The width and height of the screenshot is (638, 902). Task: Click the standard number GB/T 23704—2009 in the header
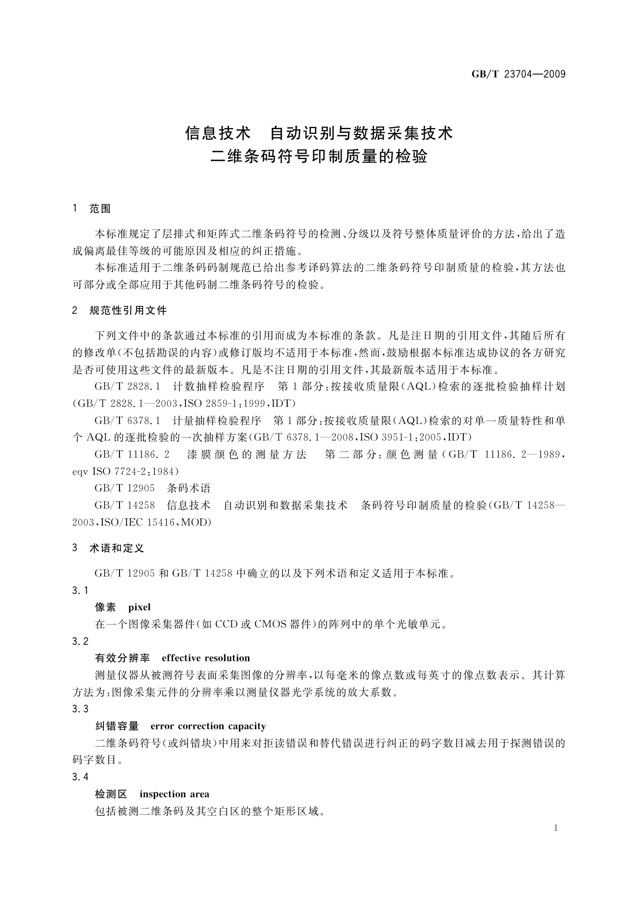pyautogui.click(x=518, y=74)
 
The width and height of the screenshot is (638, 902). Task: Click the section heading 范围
pyautogui.click(x=100, y=209)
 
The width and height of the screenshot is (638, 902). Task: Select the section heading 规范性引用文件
pyautogui.click(x=128, y=311)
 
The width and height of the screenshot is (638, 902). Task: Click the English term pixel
pyautogui.click(x=139, y=607)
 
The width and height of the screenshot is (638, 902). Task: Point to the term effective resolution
pyautogui.click(x=206, y=658)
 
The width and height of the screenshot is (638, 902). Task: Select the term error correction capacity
pyautogui.click(x=208, y=726)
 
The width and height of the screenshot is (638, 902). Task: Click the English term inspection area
pyautogui.click(x=174, y=794)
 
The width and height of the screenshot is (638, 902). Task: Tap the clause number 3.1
pyautogui.click(x=80, y=590)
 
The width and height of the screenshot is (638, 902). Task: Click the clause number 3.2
pyautogui.click(x=80, y=641)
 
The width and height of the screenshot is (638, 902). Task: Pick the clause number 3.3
pyautogui.click(x=80, y=709)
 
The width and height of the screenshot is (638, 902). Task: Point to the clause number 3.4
pyautogui.click(x=80, y=777)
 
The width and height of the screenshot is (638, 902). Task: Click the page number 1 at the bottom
pyautogui.click(x=556, y=828)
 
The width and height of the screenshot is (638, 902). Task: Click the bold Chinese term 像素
pyautogui.click(x=106, y=607)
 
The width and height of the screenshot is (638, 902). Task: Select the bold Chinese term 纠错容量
pyautogui.click(x=117, y=726)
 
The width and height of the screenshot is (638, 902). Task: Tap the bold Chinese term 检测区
pyautogui.click(x=111, y=794)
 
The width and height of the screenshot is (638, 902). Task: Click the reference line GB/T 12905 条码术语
pyautogui.click(x=153, y=488)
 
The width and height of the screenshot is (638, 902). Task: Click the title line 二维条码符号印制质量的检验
pyautogui.click(x=319, y=157)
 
